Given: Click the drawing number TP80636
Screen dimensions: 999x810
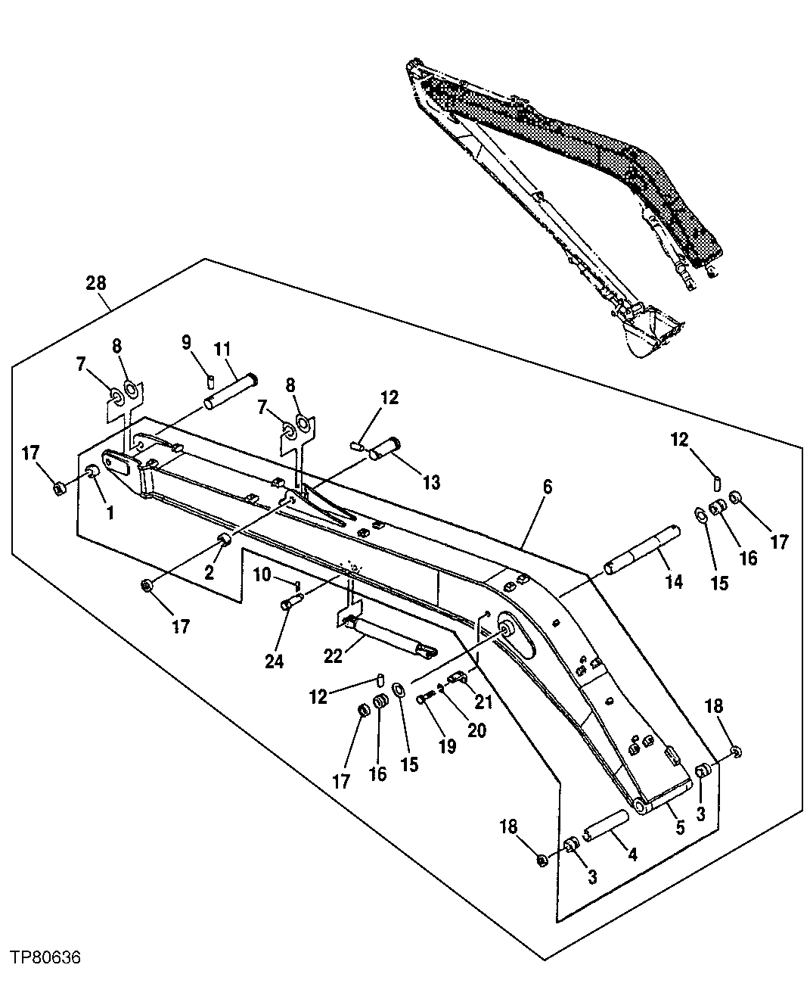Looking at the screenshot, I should pyautogui.click(x=45, y=958).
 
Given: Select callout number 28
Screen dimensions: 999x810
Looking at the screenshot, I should pyautogui.click(x=96, y=283).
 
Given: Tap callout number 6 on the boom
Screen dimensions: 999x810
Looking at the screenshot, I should pyautogui.click(x=547, y=487).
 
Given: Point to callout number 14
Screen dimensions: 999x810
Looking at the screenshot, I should pyautogui.click(x=673, y=581).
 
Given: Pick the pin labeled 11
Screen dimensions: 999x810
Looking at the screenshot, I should pyautogui.click(x=231, y=391).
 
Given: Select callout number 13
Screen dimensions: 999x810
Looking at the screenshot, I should pyautogui.click(x=431, y=482).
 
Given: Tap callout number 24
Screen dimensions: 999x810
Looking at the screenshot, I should pyautogui.click(x=274, y=661).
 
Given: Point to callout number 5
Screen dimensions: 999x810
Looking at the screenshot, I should pyautogui.click(x=679, y=828).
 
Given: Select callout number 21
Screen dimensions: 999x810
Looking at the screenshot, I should pyautogui.click(x=483, y=702).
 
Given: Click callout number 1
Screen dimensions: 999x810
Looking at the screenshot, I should pyautogui.click(x=110, y=512).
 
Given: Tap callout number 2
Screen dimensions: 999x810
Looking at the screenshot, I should pyautogui.click(x=209, y=573).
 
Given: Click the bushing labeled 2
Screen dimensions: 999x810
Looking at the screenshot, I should pyautogui.click(x=223, y=539).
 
